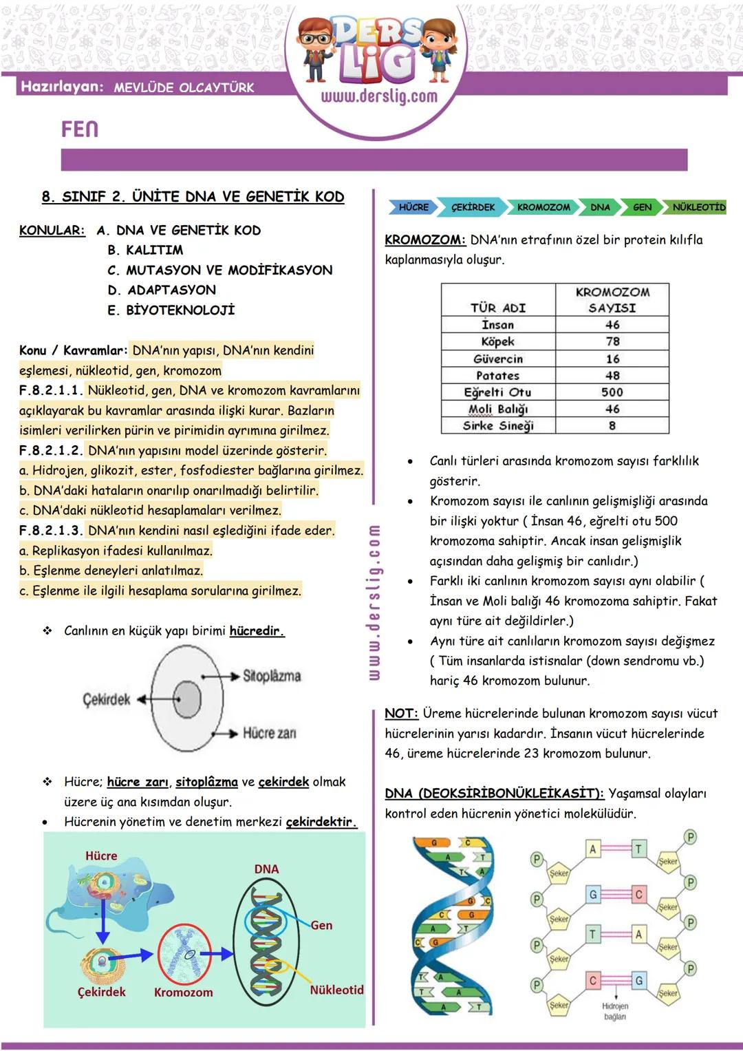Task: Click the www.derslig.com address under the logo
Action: pyautogui.click(x=378, y=96)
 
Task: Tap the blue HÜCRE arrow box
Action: pyautogui.click(x=413, y=207)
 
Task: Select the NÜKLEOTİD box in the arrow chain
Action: pyautogui.click(x=698, y=207)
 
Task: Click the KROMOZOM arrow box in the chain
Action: pyautogui.click(x=543, y=207)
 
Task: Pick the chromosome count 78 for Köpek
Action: pyautogui.click(x=612, y=341)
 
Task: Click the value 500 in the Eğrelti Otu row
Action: pyautogui.click(x=612, y=392)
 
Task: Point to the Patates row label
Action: pyautogui.click(x=497, y=376)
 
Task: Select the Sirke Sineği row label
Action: pyautogui.click(x=497, y=426)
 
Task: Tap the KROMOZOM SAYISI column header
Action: pyautogui.click(x=612, y=300)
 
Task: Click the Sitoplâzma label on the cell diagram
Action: pyautogui.click(x=272, y=676)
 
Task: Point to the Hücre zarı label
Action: pyautogui.click(x=269, y=733)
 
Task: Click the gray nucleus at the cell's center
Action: pyautogui.click(x=187, y=700)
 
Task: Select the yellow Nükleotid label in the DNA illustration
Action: pyautogui.click(x=336, y=990)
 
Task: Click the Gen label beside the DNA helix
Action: pyautogui.click(x=321, y=926)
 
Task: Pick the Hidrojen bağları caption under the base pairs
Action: pyautogui.click(x=615, y=1011)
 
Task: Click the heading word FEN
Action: pyautogui.click(x=80, y=129)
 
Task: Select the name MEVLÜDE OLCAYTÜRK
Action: pyautogui.click(x=184, y=87)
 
